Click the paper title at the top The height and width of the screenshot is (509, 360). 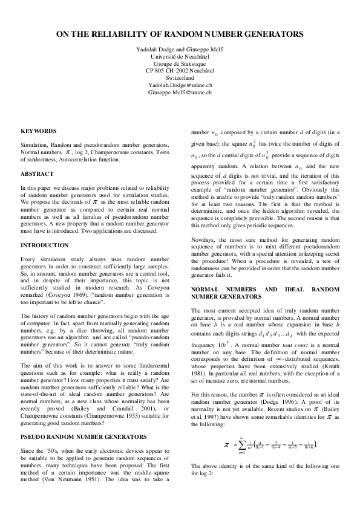coord(180,36)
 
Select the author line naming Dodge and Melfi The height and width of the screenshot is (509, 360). coord(180,50)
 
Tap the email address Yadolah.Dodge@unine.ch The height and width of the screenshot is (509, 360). coord(180,85)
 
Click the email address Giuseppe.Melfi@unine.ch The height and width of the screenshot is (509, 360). coord(180,92)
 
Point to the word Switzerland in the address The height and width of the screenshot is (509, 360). coord(180,78)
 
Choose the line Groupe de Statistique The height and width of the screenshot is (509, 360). coord(180,63)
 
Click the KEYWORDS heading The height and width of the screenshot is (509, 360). coord(39,131)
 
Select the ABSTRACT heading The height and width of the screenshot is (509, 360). coord(36,174)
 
